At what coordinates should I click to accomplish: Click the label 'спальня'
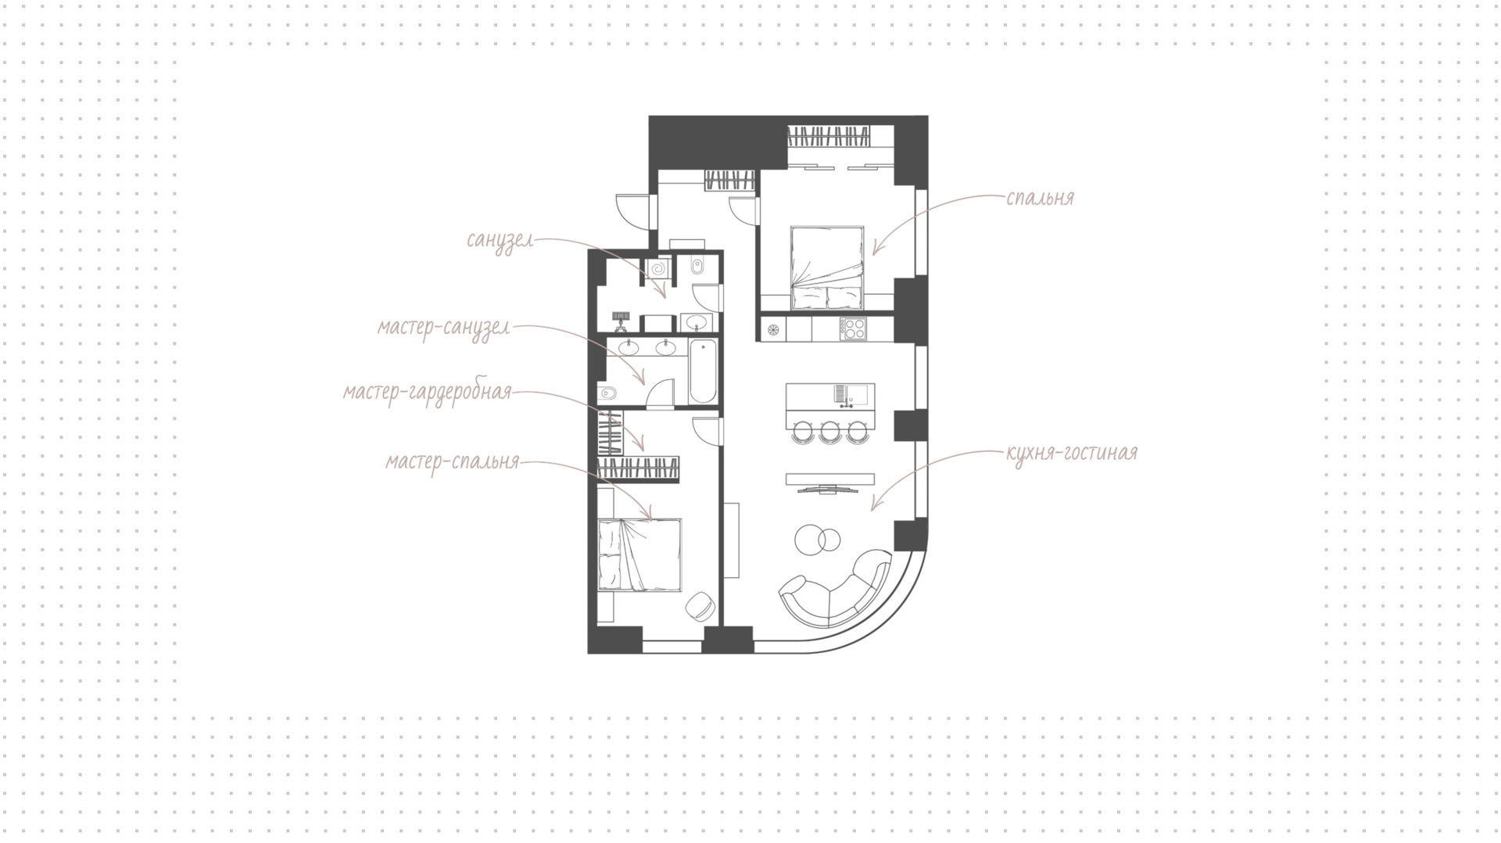pyautogui.click(x=1041, y=199)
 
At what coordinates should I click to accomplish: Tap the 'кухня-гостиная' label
pyautogui.click(x=1072, y=453)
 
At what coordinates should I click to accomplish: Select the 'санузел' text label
pyautogui.click(x=500, y=240)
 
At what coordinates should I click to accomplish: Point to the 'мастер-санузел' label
pyautogui.click(x=443, y=328)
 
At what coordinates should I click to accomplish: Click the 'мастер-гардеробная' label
pyautogui.click(x=428, y=392)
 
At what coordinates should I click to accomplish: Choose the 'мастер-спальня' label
pyautogui.click(x=453, y=462)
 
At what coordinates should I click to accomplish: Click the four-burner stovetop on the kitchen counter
pyautogui.click(x=853, y=328)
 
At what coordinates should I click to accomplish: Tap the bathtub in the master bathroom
pyautogui.click(x=703, y=371)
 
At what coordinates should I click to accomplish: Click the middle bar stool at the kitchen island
pyautogui.click(x=829, y=431)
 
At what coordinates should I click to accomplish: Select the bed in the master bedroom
pyautogui.click(x=639, y=554)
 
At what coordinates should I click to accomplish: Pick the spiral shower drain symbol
pyautogui.click(x=658, y=269)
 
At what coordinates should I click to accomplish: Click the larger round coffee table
pyautogui.click(x=810, y=539)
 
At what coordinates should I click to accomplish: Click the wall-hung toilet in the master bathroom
pyautogui.click(x=607, y=393)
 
